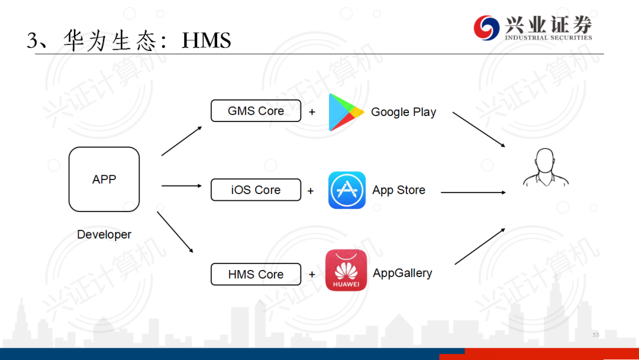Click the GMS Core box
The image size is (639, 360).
(256, 111)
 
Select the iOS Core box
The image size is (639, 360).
(256, 190)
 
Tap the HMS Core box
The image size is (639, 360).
(256, 274)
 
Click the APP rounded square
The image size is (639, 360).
(104, 179)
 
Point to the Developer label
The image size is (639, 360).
(104, 234)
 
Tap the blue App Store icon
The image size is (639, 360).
(347, 190)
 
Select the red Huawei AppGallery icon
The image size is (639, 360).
(346, 271)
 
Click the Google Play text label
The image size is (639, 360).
(404, 112)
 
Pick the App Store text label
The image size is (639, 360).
(399, 190)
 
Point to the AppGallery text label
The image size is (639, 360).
(402, 273)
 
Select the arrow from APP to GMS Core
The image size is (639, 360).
(182, 141)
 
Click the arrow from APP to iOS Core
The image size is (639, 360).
(182, 186)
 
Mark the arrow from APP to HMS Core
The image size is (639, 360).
(175, 232)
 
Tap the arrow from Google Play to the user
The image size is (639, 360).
(479, 129)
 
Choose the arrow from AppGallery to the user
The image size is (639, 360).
(480, 246)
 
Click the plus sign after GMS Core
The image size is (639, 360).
(312, 112)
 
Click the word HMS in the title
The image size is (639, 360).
(206, 40)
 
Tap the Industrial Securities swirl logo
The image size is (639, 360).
(486, 28)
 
